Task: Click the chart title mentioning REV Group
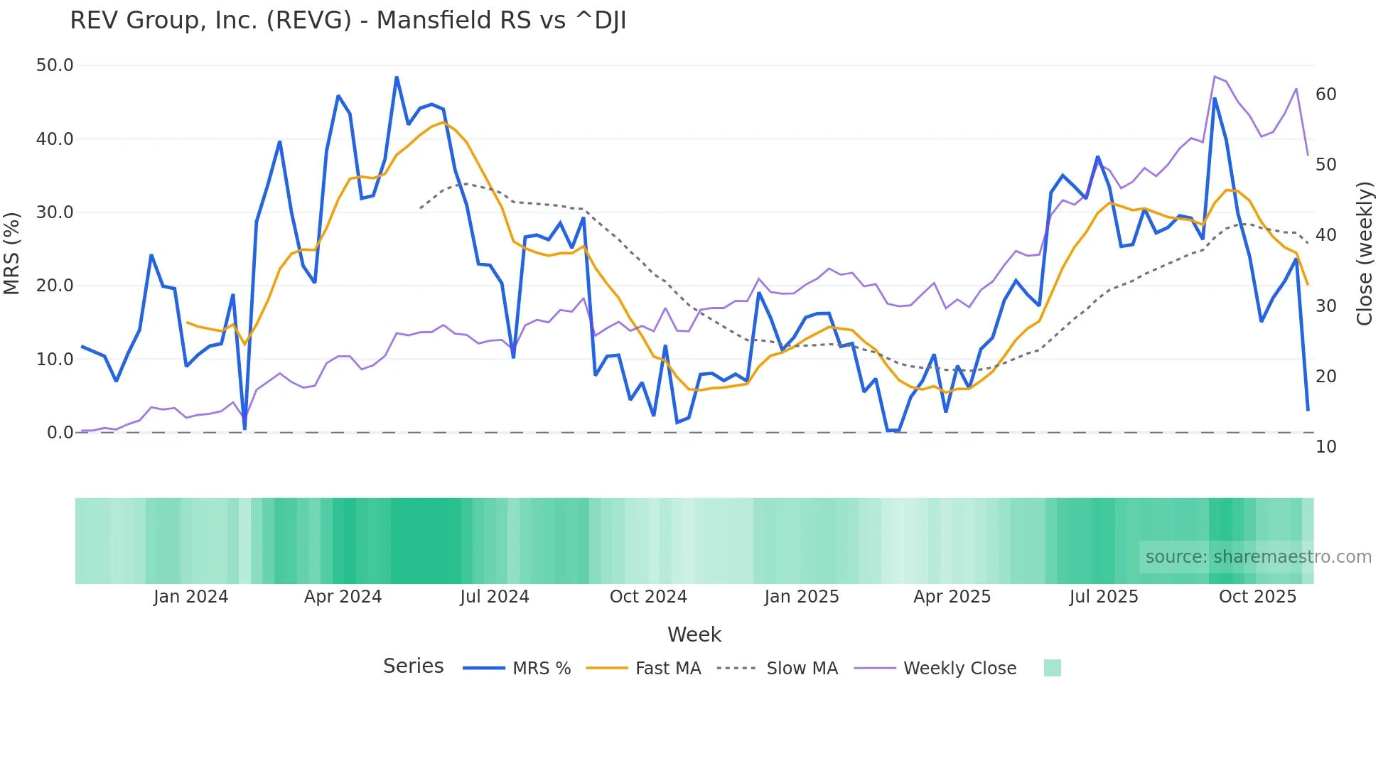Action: point(348,21)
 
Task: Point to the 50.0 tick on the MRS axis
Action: point(55,65)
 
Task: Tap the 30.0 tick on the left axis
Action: point(55,212)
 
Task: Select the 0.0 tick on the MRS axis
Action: point(60,432)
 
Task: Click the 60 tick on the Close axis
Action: point(1325,94)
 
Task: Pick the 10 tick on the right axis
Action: point(1325,447)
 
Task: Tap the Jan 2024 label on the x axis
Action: point(190,597)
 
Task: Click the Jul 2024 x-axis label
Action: point(494,597)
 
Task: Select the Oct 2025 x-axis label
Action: point(1257,597)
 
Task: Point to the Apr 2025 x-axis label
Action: point(952,597)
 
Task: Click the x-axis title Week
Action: point(694,634)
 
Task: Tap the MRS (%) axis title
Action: point(12,253)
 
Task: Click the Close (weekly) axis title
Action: point(1364,254)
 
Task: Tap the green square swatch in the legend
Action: point(1052,668)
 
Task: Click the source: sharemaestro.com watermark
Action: point(1258,557)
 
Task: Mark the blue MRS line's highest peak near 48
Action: point(397,77)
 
